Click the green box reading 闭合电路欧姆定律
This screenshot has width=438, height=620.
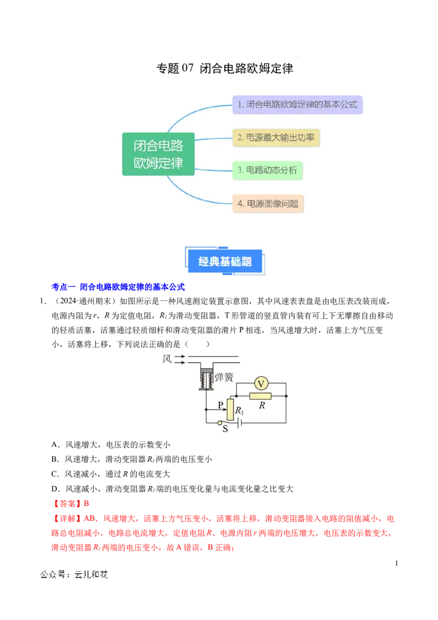158,154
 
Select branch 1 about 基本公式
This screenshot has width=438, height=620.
297,104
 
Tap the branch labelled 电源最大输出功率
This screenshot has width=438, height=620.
276,137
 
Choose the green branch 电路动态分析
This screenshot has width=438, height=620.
267,170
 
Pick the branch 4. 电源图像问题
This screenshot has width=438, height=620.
268,204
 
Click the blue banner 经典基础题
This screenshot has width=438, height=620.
225,261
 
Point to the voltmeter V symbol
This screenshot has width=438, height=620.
261,383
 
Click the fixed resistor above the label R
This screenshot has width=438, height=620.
261,396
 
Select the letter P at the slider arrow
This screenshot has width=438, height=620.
220,405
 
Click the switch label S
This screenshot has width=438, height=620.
224,429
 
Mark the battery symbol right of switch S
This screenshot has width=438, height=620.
239,423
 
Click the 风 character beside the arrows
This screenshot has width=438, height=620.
167,359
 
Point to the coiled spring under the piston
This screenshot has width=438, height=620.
206,381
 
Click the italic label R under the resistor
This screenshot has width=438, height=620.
262,406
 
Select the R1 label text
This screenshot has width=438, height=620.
239,410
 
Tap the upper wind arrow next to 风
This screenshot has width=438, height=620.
180,357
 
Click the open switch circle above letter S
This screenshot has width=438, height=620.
220,423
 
